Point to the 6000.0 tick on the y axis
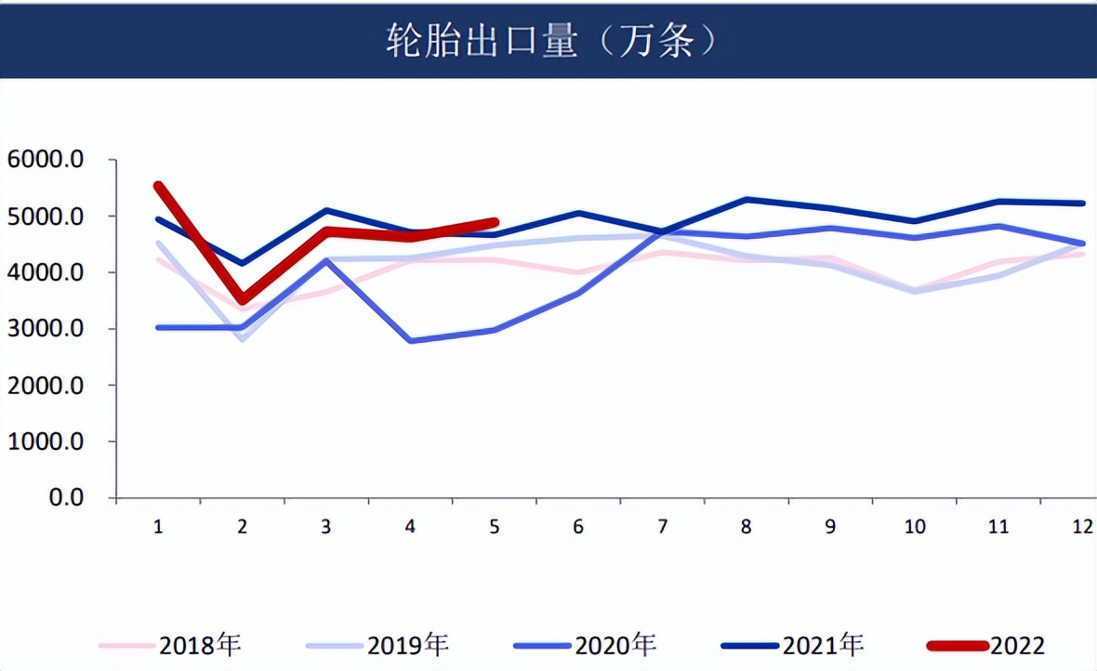coord(46,160)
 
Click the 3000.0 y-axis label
coord(46,329)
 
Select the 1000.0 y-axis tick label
coord(46,442)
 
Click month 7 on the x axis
coord(662,527)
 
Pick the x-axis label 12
coord(1080,527)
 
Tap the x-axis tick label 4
coord(410,527)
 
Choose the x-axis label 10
coord(914,527)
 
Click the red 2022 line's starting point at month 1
coord(158,186)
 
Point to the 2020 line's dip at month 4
coord(410,341)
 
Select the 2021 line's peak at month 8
coord(747,199)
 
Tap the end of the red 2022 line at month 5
coord(495,222)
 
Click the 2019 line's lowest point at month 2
coord(243,339)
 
